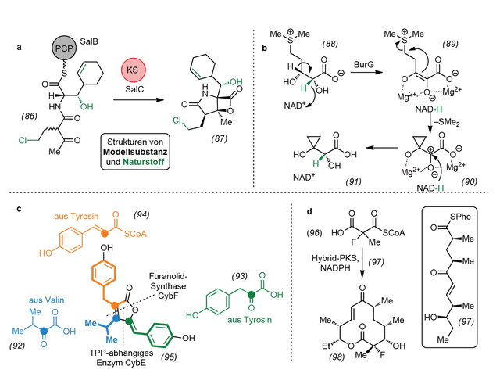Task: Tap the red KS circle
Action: tap(134, 70)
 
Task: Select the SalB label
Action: tap(89, 41)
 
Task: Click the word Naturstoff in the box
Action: tap(144, 162)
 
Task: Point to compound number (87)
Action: tap(220, 138)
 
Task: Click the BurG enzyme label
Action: tap(364, 64)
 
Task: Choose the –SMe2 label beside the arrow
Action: tap(447, 122)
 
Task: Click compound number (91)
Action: tap(354, 181)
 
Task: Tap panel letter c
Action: tap(19, 209)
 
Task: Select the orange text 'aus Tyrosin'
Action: tap(77, 217)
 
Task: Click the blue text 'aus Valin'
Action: tap(47, 300)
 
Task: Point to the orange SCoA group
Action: tap(135, 234)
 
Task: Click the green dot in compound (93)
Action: tap(252, 294)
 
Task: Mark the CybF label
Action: tap(167, 296)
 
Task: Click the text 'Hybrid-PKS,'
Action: tap(335, 258)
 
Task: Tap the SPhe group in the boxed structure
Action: tap(460, 217)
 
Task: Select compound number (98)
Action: tap(337, 357)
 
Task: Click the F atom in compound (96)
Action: tap(353, 242)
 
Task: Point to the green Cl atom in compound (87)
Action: tap(177, 120)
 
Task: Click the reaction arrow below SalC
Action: tap(138, 100)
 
